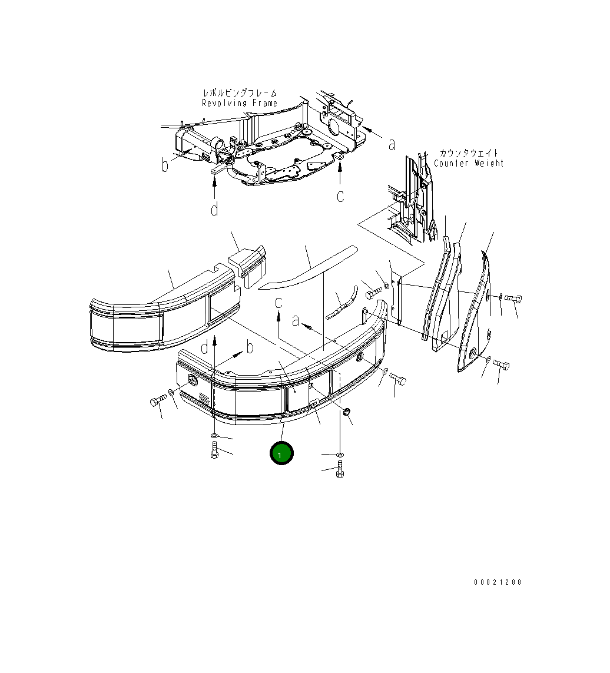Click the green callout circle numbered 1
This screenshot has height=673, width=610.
pyautogui.click(x=281, y=453)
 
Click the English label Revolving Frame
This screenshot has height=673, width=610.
pyautogui.click(x=240, y=103)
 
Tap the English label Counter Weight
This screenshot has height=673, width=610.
pyautogui.click(x=468, y=163)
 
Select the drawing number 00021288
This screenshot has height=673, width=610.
pyautogui.click(x=498, y=582)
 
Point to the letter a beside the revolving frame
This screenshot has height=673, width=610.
pyautogui.click(x=392, y=144)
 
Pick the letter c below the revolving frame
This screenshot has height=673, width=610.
pyautogui.click(x=340, y=195)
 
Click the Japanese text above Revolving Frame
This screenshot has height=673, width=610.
pyautogui.click(x=240, y=92)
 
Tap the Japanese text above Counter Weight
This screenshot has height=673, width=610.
pyautogui.click(x=469, y=153)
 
